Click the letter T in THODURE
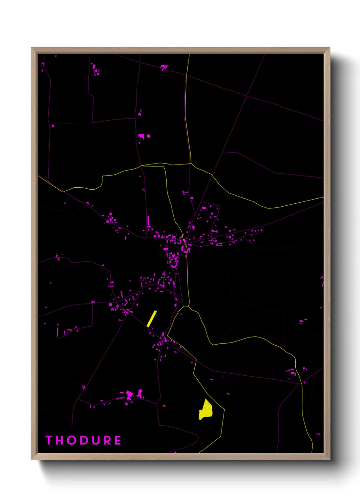[x=49, y=440]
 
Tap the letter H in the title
[x=60, y=440]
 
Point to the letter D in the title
[x=83, y=440]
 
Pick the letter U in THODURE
[x=95, y=440]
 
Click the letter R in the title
[x=107, y=440]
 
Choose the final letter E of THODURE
[x=117, y=440]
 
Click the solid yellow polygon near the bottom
[x=206, y=410]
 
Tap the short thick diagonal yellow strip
[x=152, y=319]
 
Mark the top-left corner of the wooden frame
[x=32, y=48]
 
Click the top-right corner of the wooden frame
[x=329, y=48]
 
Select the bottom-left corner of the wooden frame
[x=32, y=459]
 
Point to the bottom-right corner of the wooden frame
[x=329, y=459]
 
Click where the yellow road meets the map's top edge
[x=189, y=55]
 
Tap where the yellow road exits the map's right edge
[x=323, y=198]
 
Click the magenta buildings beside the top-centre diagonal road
[x=164, y=67]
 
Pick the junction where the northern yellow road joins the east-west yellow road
[x=191, y=164]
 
